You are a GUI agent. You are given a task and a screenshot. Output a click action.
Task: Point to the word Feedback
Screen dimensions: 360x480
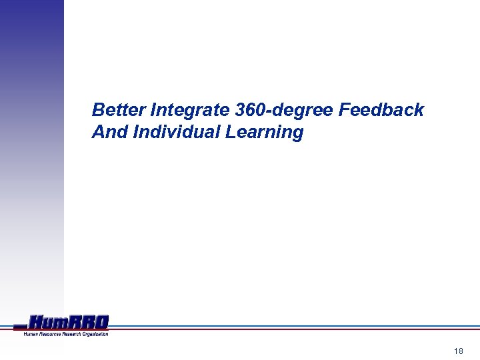(381, 110)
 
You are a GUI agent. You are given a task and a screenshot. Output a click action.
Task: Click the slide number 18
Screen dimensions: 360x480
(458, 351)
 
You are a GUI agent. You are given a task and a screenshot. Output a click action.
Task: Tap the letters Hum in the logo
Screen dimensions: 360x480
(49, 323)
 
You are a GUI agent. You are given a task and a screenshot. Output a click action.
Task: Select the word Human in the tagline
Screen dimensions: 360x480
(31, 333)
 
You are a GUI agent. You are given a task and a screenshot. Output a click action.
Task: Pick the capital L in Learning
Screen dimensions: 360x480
(231, 132)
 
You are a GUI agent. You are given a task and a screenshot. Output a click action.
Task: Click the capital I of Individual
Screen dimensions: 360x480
(137, 132)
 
